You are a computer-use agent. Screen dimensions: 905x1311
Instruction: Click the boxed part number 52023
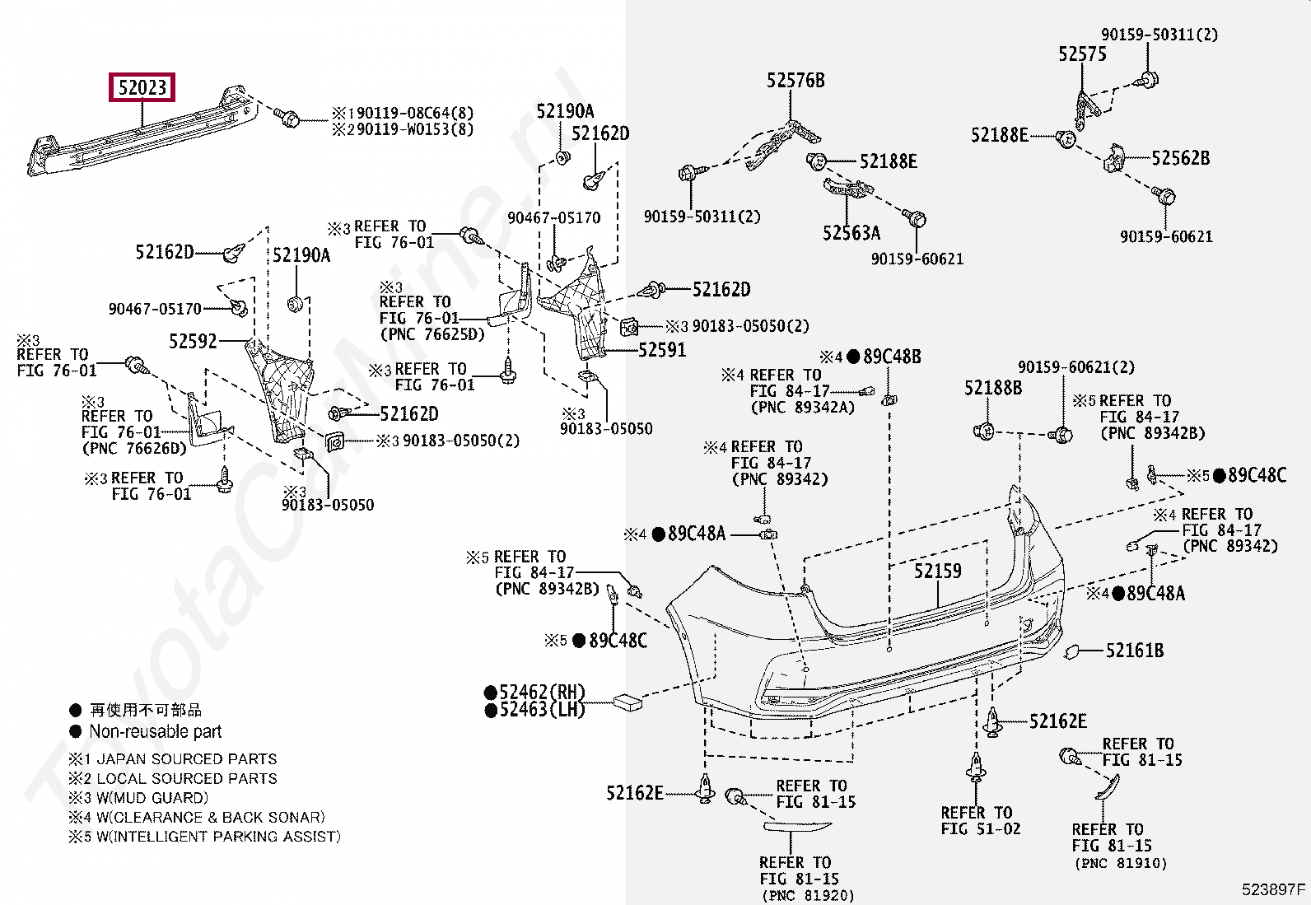coord(142,87)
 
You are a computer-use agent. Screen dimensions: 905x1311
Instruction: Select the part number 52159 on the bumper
coord(937,571)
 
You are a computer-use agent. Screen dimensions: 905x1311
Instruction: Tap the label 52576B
coord(795,81)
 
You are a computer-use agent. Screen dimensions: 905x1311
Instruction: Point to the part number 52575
coord(1082,54)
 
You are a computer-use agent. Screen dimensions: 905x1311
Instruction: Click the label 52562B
coord(1180,158)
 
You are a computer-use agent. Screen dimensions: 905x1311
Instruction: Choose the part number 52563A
coord(851,233)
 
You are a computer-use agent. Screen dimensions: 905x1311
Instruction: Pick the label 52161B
coord(1134,651)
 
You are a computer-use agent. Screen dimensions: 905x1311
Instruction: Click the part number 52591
coord(662,350)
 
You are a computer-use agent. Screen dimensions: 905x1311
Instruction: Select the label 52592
coord(193,341)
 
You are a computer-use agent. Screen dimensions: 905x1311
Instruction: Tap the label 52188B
coord(992,387)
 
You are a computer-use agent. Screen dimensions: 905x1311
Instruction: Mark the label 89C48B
coord(891,357)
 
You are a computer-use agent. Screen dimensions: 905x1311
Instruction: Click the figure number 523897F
coord(1273,889)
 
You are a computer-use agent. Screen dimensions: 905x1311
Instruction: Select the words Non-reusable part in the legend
coord(155,731)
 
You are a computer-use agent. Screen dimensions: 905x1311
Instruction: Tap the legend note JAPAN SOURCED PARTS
coord(186,759)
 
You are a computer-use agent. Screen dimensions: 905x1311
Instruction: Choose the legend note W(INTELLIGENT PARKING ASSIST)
coord(217,837)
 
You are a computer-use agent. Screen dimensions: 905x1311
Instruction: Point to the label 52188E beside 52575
coord(999,135)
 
